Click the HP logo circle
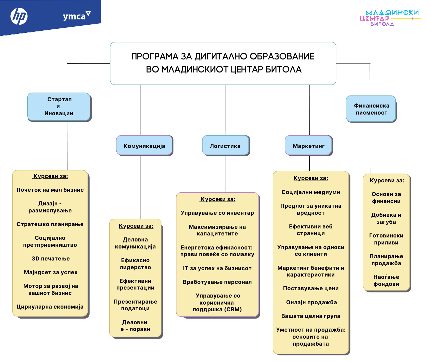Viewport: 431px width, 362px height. [x=19, y=16]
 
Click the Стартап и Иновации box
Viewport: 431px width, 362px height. [x=59, y=107]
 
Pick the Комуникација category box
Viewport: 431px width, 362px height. [x=144, y=146]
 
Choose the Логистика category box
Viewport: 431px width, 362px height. [x=225, y=146]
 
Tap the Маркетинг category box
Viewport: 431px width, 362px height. [x=309, y=146]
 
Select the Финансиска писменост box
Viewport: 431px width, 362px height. [x=371, y=109]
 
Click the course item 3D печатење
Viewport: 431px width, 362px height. [x=51, y=258]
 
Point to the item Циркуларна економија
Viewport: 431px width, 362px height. [x=50, y=307]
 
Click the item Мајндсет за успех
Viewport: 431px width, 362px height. [x=51, y=272]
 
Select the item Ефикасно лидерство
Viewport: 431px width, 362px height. [x=135, y=264]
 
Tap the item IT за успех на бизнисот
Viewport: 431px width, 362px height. [x=217, y=268]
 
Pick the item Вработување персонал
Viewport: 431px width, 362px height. [x=217, y=282]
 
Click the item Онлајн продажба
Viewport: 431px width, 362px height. [x=311, y=302]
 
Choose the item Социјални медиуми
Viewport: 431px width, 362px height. [x=311, y=192]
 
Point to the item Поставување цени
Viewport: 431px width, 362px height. [x=311, y=288]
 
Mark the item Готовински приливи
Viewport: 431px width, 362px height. [x=386, y=239]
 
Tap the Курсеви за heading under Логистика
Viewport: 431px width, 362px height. [x=218, y=199]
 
